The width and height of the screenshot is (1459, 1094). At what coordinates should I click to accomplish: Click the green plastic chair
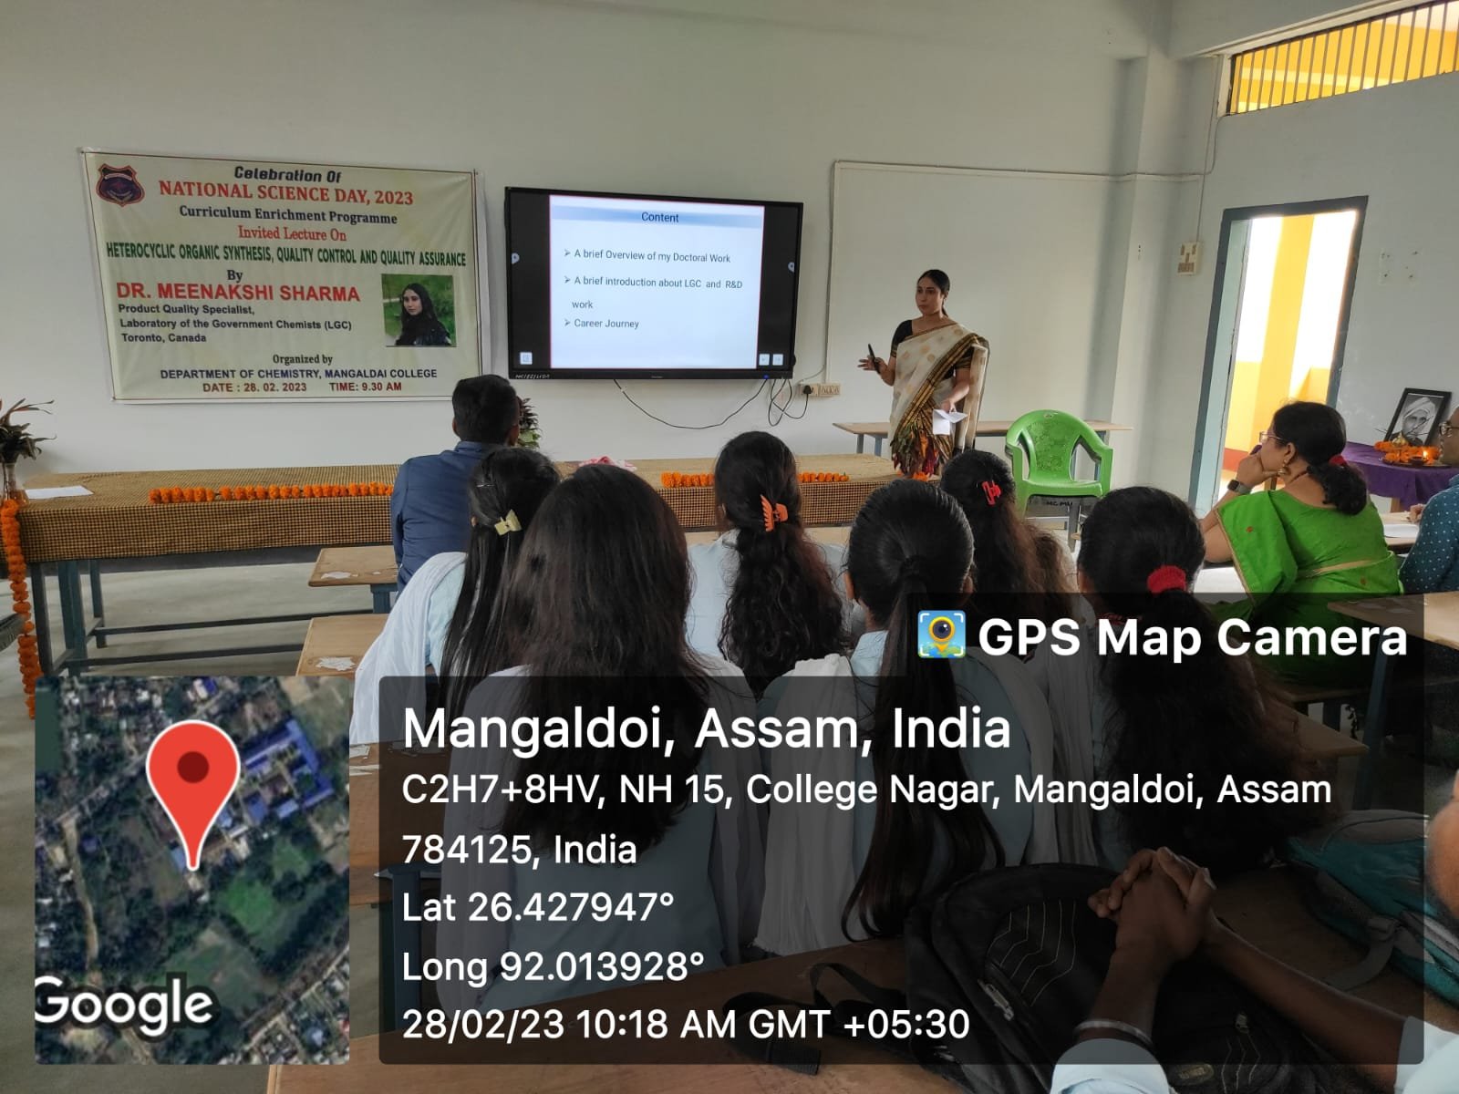pos(1057,459)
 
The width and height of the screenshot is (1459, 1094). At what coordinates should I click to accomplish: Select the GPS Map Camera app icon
pos(941,635)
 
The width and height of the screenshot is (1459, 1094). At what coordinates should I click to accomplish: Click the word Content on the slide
pos(659,217)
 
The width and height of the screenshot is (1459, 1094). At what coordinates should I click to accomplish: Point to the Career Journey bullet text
pos(605,324)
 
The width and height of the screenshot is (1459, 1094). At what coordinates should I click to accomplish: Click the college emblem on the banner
pos(119,184)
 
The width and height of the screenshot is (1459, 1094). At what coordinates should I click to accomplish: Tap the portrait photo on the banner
pos(419,310)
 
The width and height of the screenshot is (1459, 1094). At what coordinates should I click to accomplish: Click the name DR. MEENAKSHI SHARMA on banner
pos(238,293)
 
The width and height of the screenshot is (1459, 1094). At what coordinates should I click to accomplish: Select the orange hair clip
pos(773,512)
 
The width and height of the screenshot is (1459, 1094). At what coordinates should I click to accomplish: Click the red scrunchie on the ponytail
pos(1166,579)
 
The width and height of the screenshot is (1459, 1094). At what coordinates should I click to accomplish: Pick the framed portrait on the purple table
pos(1419,418)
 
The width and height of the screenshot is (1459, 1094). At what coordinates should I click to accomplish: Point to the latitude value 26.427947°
pos(571,907)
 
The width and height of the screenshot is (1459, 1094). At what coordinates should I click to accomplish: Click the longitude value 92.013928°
pos(602,966)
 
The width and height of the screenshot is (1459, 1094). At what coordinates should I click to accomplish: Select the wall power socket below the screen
pos(820,389)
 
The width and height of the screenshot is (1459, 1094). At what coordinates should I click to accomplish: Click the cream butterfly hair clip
pos(506,523)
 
